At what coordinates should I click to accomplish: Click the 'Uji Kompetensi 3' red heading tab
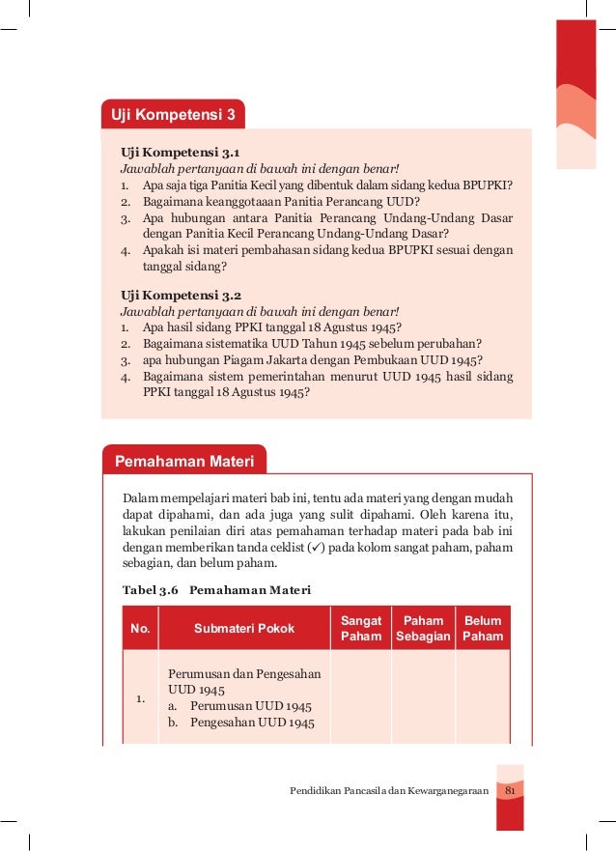pos(173,117)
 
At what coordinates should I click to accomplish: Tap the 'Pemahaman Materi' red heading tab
pos(184,462)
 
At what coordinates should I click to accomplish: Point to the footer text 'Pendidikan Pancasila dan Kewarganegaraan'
pos(389,792)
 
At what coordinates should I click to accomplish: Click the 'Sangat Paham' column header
pos(361,628)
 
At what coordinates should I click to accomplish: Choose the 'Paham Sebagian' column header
pos(422,628)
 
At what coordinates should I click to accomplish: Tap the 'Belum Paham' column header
pos(483,628)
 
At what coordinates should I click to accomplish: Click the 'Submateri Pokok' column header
pos(244,629)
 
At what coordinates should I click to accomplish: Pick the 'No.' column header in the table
pos(140,629)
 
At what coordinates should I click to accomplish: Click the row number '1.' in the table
pos(140,698)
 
